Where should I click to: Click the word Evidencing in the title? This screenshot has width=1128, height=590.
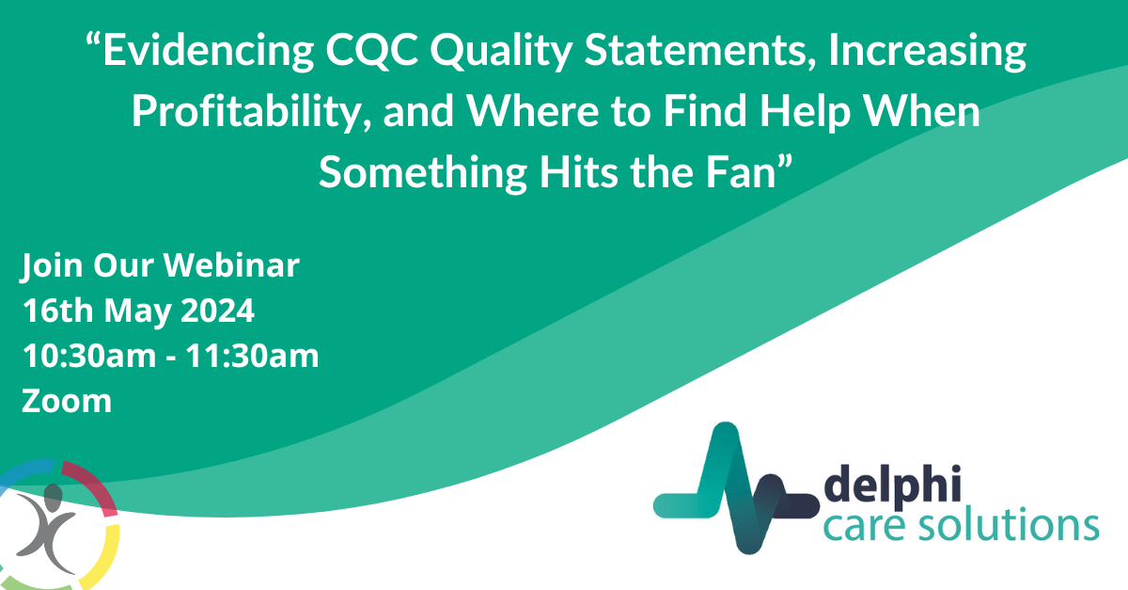pos(209,51)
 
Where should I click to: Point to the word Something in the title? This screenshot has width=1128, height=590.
pos(423,173)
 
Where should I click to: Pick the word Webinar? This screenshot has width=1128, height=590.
pos(231,265)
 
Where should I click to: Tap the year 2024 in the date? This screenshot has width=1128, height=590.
pos(217,311)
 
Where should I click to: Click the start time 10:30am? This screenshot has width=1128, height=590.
pos(89,356)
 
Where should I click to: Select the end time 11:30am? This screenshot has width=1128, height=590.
pos(252,356)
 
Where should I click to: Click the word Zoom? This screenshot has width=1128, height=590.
pos(67,402)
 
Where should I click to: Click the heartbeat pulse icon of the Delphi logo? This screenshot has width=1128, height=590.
pos(736,488)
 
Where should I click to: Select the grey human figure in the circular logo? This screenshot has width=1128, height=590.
pos(46,530)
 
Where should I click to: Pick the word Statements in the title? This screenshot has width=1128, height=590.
pos(700,51)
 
